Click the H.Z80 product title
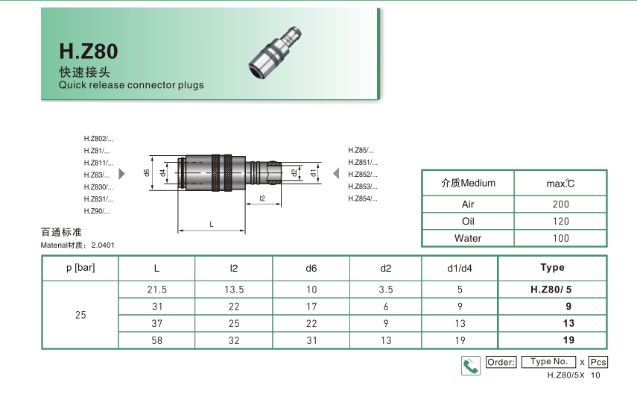click(x=88, y=51)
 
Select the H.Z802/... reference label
click(x=98, y=139)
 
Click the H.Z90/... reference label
click(x=97, y=211)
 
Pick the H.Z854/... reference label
click(x=363, y=198)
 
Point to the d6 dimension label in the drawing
click(x=147, y=172)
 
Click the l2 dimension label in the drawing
click(x=263, y=198)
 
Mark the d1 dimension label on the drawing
click(x=314, y=172)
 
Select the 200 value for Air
click(x=560, y=204)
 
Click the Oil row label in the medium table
click(x=468, y=222)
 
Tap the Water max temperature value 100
click(x=560, y=239)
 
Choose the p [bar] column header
click(x=80, y=268)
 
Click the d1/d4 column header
click(x=460, y=268)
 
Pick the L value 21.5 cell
click(x=156, y=290)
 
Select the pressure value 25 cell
click(x=80, y=315)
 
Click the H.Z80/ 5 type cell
click(x=551, y=290)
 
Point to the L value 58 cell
click(x=156, y=340)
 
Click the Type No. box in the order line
click(x=549, y=362)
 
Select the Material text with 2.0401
click(x=77, y=246)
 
